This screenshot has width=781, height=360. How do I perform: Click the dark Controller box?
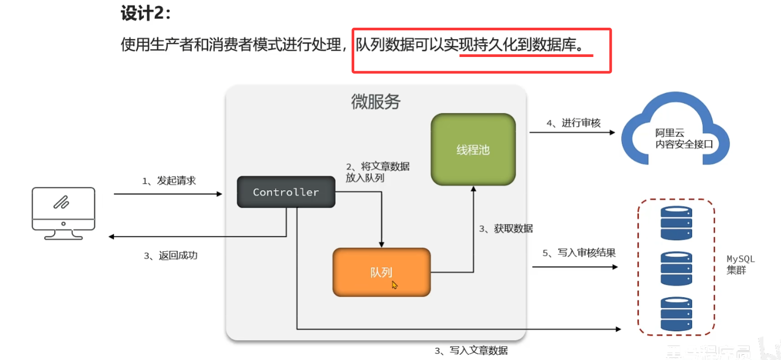point(286,192)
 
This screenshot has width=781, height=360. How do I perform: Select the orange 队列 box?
point(381,272)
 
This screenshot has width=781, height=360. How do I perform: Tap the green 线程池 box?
point(473,150)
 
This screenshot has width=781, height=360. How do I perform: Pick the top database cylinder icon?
point(676,223)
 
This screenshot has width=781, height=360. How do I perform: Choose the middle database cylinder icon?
point(676,269)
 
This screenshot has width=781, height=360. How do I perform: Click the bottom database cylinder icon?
point(676,314)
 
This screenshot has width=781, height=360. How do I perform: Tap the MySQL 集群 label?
point(741,265)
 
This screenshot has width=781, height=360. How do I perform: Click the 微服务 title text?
point(376,101)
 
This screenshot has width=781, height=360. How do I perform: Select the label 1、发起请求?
point(169,181)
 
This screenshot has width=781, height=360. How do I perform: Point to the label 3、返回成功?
point(170,256)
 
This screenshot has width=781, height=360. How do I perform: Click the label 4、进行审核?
point(573,123)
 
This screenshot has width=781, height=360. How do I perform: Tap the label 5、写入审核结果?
point(579,253)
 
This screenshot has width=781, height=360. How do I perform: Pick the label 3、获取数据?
point(506,228)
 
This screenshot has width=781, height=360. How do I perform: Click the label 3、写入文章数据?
point(471,350)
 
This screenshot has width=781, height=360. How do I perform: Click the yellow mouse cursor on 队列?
point(395,285)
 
